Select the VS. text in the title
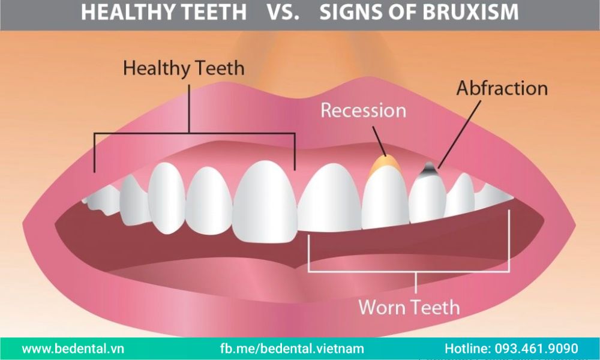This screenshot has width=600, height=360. coord(283,12)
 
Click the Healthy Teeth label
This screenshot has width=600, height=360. coord(184,69)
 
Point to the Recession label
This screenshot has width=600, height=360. coord(363,110)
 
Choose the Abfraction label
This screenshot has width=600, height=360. coord(502,88)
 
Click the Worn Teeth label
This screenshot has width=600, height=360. coord(409,307)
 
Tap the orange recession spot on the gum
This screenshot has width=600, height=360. coord(385,164)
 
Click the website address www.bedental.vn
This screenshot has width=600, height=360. coord(73,349)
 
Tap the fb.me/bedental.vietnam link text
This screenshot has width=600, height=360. coord(292,349)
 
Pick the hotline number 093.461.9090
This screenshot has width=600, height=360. coord(536,349)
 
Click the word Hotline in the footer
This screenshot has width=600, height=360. coord(467,349)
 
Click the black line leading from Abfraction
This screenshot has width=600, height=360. coord(459,134)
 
